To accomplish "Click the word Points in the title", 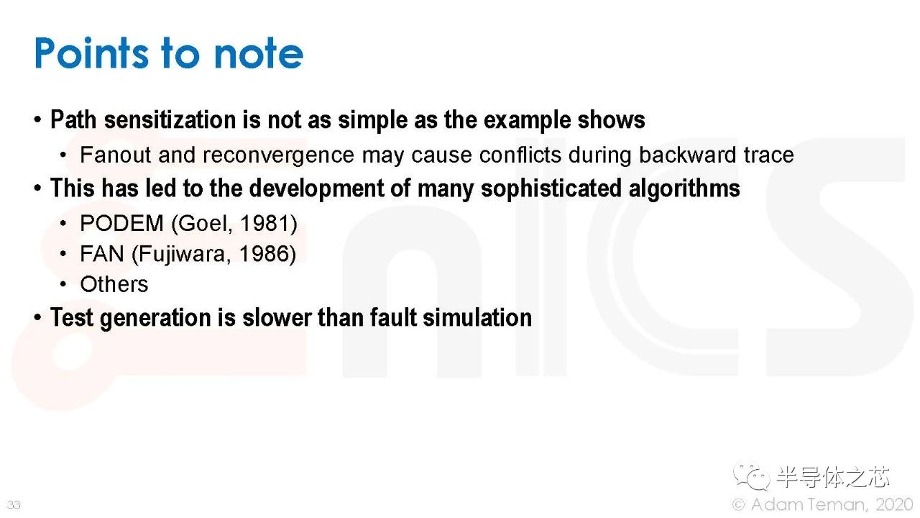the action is pyautogui.click(x=91, y=53).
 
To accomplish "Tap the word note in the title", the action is pyautogui.click(x=259, y=53).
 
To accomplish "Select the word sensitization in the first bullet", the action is pyautogui.click(x=170, y=119).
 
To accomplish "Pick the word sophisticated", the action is pyautogui.click(x=551, y=188).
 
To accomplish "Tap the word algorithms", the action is pyautogui.click(x=684, y=188).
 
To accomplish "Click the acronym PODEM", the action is pyautogui.click(x=122, y=223).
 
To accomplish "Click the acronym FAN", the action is pyautogui.click(x=102, y=254).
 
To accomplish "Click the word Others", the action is pyautogui.click(x=114, y=284).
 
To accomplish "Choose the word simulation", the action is pyautogui.click(x=477, y=318).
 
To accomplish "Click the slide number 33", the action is pyautogui.click(x=14, y=504).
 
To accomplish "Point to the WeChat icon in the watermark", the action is pyautogui.click(x=752, y=476).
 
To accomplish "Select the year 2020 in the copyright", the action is pyautogui.click(x=894, y=504).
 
